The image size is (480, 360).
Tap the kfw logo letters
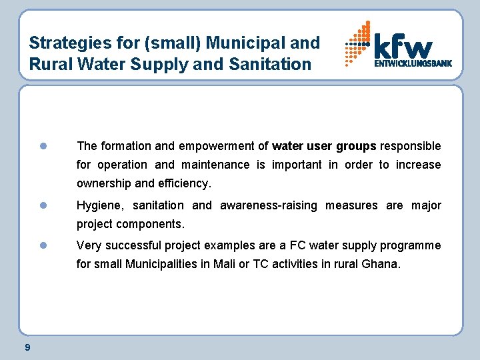[403, 46]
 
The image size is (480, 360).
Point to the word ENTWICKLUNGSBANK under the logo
[413, 64]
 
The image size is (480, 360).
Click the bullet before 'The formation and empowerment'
[42, 146]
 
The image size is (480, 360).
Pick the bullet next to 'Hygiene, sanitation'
[42, 205]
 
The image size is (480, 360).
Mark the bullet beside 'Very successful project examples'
[42, 245]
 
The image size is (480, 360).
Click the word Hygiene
[101, 206]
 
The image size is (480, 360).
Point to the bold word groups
[356, 146]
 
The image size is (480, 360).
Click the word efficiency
[182, 183]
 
